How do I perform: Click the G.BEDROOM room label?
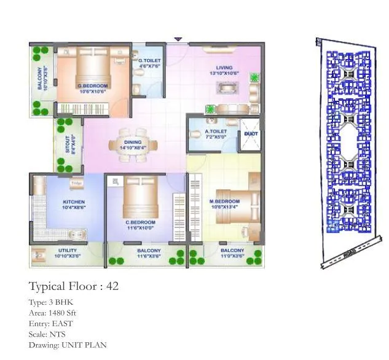click(x=93, y=85)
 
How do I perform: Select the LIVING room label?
click(x=223, y=68)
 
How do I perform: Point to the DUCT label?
click(x=251, y=133)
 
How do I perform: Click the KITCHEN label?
click(x=74, y=202)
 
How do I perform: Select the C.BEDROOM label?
click(x=141, y=222)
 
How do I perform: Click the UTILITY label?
click(x=67, y=251)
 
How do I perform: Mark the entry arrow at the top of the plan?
click(x=178, y=39)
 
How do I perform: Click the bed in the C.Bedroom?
click(x=140, y=194)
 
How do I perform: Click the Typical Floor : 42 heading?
click(x=73, y=286)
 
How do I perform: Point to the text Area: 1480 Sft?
click(x=52, y=313)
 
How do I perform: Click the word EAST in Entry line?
click(x=63, y=323)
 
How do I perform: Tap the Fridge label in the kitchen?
click(x=76, y=183)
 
